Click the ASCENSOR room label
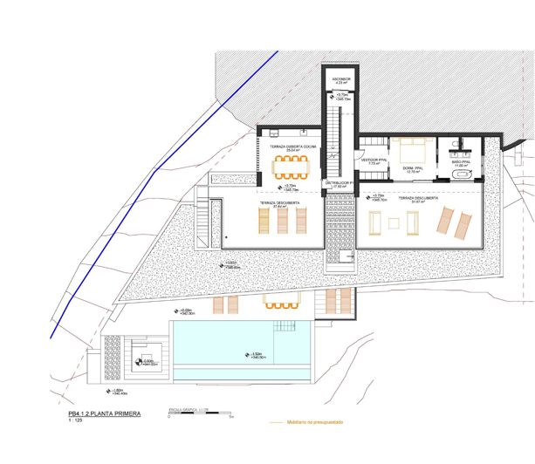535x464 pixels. coord(340,79)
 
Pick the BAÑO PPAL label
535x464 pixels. coord(462,162)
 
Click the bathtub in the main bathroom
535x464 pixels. coord(463,175)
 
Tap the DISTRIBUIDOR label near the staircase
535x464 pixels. coord(339,184)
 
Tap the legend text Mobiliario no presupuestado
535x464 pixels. coord(312,422)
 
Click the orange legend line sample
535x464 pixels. coord(276,422)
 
